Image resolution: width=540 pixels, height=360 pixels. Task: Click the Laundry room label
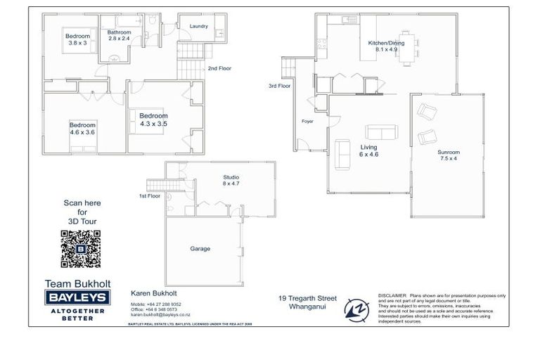[198, 26]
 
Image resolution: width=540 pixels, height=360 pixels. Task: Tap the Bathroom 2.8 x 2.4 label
[119, 36]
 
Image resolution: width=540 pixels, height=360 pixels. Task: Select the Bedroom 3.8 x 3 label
[77, 39]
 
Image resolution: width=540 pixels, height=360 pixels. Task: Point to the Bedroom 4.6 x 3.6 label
[82, 127]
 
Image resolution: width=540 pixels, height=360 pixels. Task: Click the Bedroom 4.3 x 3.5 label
[153, 120]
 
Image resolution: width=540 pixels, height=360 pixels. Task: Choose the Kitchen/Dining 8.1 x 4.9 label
[387, 46]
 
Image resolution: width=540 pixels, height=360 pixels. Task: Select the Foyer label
[307, 121]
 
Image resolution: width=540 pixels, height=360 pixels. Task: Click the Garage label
[200, 248]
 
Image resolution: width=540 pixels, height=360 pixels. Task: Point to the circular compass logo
[355, 307]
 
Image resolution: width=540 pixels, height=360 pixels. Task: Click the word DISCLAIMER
[392, 296]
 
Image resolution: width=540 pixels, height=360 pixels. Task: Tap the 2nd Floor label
[219, 69]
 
